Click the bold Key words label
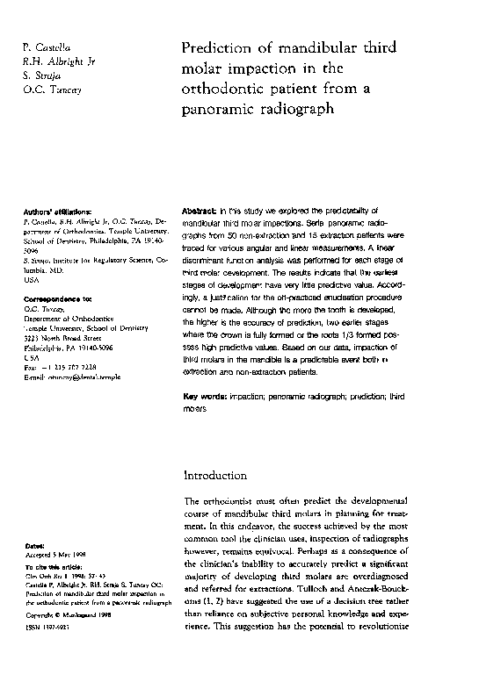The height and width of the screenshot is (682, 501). (x=204, y=397)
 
